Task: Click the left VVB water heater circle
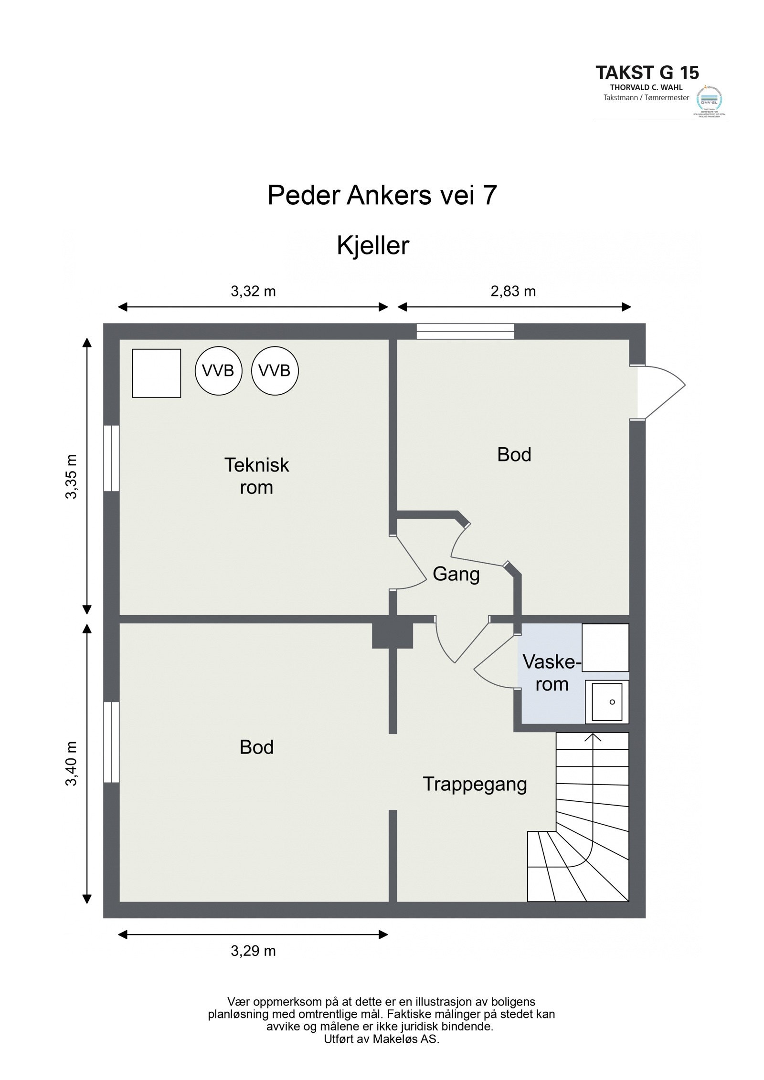[x=218, y=370]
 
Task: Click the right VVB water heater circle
[x=275, y=370]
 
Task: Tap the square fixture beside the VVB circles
[x=156, y=373]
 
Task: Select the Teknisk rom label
[x=256, y=476]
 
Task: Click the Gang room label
[x=456, y=574]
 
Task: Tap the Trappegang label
[x=475, y=784]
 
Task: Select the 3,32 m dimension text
[x=253, y=291]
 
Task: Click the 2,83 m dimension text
[x=513, y=291]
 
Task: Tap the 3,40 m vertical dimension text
[x=71, y=764]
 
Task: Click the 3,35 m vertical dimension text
[x=71, y=476]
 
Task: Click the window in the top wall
[x=465, y=331]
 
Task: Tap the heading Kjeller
[x=373, y=246]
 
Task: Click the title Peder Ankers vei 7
[x=382, y=195]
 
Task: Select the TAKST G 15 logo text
[x=647, y=73]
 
